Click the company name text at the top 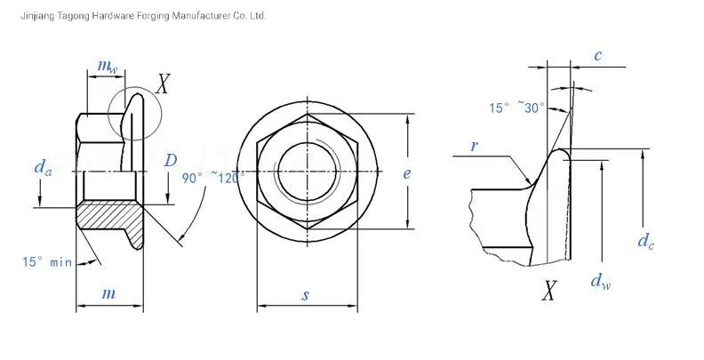pos(133,16)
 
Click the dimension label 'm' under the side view pos(108,293)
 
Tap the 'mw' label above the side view pos(107,68)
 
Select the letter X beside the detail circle pos(163,85)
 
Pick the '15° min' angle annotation pos(46,261)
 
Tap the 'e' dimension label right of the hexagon pos(406,173)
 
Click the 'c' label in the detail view pos(597,56)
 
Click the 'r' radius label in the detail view pos(475,144)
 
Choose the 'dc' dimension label pos(646,240)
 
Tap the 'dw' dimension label pos(601,282)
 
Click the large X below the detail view pos(551,291)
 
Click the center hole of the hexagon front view pos(307,169)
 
